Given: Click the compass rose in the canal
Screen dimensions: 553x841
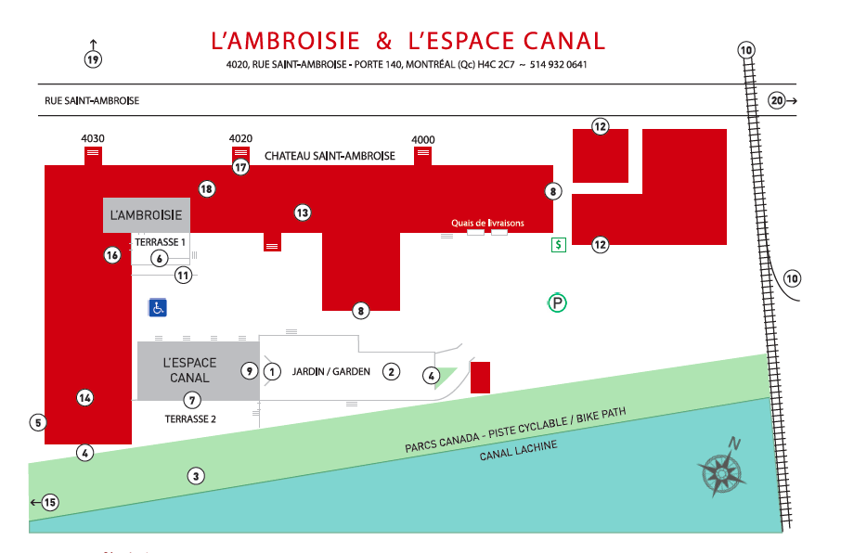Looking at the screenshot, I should coord(720,470).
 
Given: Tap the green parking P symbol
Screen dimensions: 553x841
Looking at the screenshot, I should coord(557,302).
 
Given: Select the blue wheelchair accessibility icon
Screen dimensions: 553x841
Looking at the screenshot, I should coord(158,307).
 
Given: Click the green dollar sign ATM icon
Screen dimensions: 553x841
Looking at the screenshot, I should coord(558,245).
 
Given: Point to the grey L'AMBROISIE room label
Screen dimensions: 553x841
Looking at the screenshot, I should coord(146,215).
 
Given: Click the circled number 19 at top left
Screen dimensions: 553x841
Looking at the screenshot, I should coord(93,59).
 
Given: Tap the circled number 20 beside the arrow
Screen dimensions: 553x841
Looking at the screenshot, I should coord(777,100).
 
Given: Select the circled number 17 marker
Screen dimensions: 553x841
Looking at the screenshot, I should coord(241,168).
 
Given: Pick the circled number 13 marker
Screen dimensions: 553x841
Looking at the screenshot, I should coord(302,212).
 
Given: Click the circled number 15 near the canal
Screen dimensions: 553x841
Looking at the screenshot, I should coord(50,503).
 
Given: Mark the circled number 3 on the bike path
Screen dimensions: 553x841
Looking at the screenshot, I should coord(196,476).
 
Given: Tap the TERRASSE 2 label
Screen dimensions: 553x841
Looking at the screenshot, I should coord(190,418).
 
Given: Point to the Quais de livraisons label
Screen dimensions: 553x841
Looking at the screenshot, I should coord(487,224).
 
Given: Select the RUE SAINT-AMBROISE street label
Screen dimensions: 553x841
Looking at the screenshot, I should coord(92,100).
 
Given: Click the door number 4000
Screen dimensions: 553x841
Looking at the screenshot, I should coord(423,139).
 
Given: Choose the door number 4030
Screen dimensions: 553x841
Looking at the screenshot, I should coord(93,138).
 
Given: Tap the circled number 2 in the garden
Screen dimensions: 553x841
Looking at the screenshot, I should coord(392,371).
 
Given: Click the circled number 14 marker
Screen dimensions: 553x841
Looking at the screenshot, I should coord(85,398).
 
